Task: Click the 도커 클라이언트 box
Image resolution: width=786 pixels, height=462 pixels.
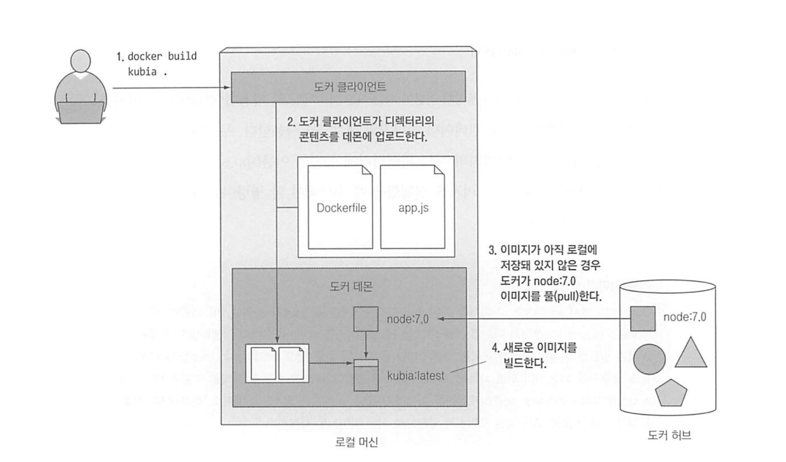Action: [x=348, y=86]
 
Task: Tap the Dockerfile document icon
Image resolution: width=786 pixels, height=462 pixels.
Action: [x=340, y=207]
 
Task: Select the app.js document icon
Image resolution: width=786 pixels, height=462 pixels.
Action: [x=413, y=207]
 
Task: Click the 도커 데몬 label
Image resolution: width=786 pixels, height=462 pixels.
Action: [x=351, y=286]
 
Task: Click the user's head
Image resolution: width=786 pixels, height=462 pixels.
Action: [x=81, y=60]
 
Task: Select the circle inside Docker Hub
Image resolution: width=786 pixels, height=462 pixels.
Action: [x=649, y=359]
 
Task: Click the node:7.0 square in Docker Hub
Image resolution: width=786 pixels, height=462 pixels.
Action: [x=643, y=318]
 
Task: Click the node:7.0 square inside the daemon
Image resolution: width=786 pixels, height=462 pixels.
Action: [x=366, y=319]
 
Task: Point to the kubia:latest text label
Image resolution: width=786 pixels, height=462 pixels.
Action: [x=415, y=376]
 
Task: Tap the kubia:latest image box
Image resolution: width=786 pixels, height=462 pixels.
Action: [x=366, y=375]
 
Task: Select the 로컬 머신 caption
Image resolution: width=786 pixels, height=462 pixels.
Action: [x=356, y=442]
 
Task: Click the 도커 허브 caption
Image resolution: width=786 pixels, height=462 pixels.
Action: [x=669, y=435]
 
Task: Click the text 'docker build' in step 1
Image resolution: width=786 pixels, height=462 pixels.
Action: [x=162, y=56]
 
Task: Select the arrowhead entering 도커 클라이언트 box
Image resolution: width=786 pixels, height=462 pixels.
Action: [x=227, y=87]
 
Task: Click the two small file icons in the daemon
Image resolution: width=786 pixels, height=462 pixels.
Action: [x=277, y=363]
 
